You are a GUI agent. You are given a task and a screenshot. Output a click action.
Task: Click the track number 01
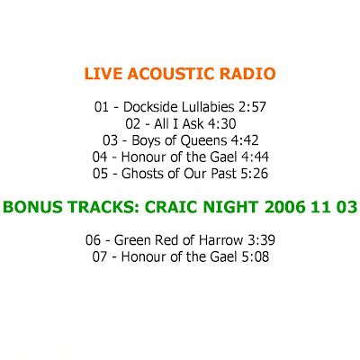[x=102, y=107]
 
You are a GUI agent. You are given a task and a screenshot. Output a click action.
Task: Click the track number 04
[x=100, y=157]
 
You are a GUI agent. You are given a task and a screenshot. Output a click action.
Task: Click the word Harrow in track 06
[x=221, y=240]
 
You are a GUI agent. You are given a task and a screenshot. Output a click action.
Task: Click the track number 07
[x=100, y=256]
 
